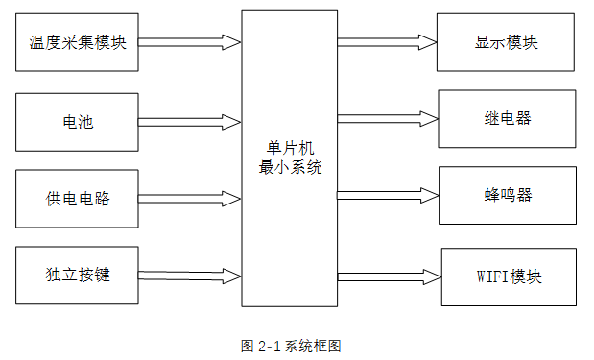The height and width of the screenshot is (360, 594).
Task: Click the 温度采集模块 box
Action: (x=78, y=42)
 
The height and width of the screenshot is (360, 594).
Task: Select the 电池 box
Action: (x=78, y=122)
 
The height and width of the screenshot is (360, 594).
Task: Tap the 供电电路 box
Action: (x=78, y=199)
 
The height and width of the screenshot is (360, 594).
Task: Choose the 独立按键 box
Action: (x=78, y=276)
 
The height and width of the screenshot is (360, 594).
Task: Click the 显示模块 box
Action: (x=506, y=43)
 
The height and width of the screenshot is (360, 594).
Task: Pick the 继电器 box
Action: (x=507, y=119)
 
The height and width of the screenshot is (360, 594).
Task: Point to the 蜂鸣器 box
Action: (x=508, y=195)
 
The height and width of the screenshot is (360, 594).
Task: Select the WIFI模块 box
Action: (x=509, y=276)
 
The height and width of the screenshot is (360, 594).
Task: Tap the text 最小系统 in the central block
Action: (x=290, y=167)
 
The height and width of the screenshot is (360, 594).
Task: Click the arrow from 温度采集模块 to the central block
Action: (x=189, y=42)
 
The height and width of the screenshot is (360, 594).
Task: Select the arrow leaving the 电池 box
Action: (x=189, y=122)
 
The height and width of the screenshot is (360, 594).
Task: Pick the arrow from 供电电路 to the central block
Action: (x=189, y=199)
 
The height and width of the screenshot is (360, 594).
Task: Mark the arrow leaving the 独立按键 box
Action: (x=189, y=276)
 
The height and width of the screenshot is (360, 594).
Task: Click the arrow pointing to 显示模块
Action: (x=386, y=42)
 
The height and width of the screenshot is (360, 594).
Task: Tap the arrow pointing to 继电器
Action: (x=387, y=119)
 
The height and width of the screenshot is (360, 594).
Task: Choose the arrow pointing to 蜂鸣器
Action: (x=388, y=195)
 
